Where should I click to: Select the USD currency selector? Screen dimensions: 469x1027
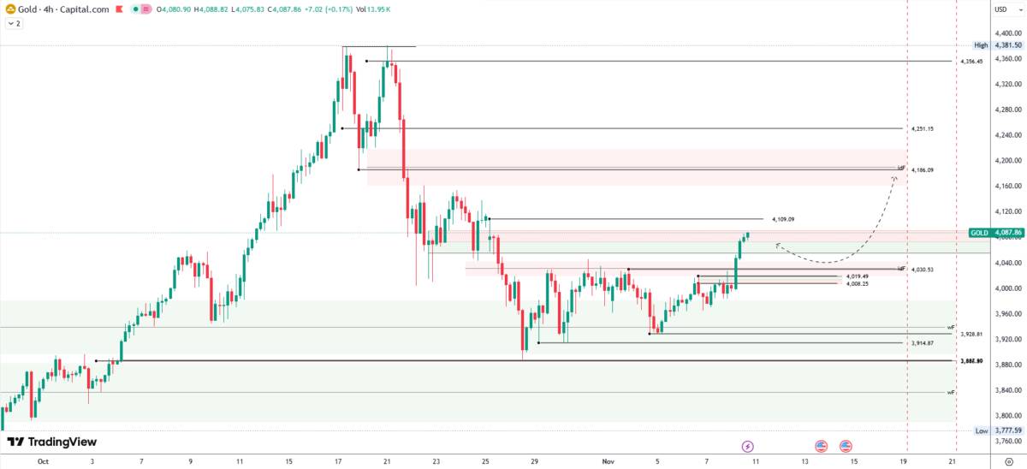click(1000, 9)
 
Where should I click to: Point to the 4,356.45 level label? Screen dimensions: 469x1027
click(971, 62)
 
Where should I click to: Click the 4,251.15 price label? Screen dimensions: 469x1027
click(923, 128)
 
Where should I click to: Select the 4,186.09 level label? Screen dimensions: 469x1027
click(923, 170)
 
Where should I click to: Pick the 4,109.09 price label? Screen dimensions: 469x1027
click(783, 220)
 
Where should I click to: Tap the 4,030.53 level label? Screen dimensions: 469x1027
click(923, 270)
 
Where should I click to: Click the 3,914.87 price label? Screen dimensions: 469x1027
click(923, 343)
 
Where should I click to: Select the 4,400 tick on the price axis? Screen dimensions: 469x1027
click(1006, 33)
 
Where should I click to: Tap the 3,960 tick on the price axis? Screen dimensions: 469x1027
click(1006, 314)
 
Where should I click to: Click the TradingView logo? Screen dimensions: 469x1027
click(52, 442)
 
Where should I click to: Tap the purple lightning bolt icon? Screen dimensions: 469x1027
click(747, 446)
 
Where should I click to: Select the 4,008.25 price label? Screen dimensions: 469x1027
click(858, 283)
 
